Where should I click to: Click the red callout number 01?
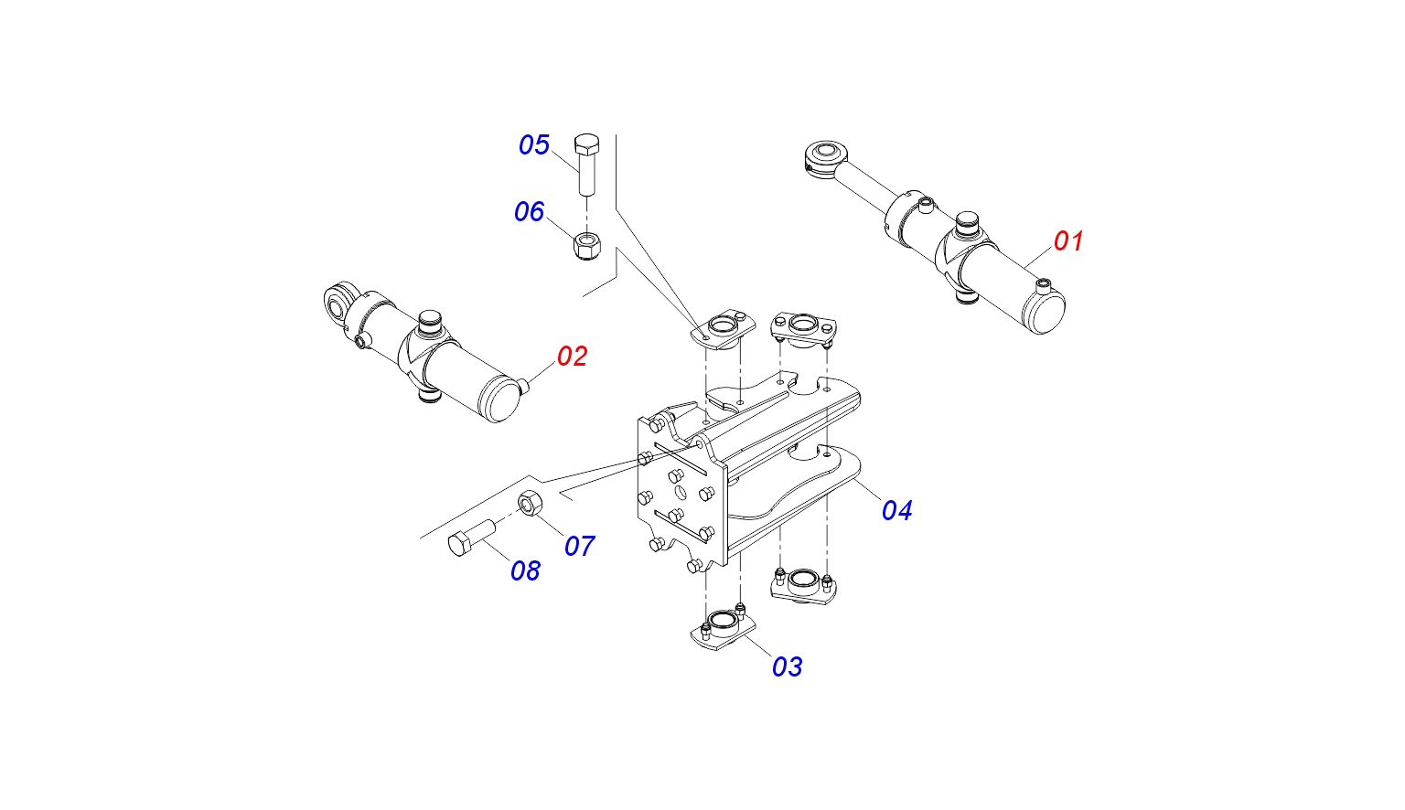tap(1068, 241)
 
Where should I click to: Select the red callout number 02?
tap(572, 357)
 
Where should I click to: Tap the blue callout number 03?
tap(787, 667)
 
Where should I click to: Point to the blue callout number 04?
tap(896, 510)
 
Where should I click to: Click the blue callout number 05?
tap(534, 145)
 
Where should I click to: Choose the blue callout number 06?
tap(529, 212)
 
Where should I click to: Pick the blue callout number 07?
tap(579, 547)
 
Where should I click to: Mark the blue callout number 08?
tap(525, 571)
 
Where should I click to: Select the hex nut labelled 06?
tap(585, 245)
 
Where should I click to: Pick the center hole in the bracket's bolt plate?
tap(681, 494)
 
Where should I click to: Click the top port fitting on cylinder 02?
tap(429, 322)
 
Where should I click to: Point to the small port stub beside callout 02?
tap(522, 387)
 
